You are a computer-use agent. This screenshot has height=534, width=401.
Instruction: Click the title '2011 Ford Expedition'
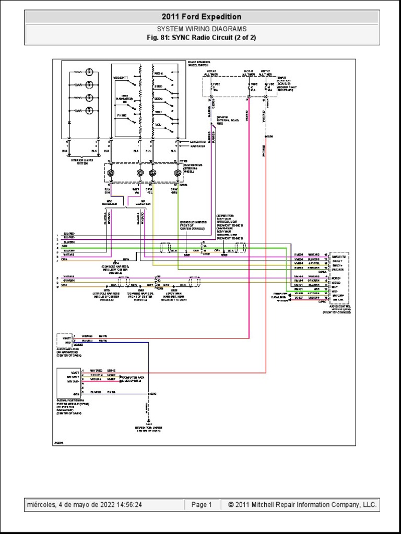coord(201,17)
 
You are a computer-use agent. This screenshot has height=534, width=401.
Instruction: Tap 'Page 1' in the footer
coord(202,505)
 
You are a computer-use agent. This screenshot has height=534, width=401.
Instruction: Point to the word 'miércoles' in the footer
coord(43,505)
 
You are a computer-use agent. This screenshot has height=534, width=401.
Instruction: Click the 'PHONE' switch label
coord(122,115)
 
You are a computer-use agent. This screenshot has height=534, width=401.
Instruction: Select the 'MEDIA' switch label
coord(158,74)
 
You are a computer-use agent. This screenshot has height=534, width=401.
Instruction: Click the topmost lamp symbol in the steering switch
coord(90,71)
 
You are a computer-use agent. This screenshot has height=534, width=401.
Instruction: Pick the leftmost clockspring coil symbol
coord(110,173)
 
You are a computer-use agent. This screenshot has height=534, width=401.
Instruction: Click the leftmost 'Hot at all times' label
coord(213,72)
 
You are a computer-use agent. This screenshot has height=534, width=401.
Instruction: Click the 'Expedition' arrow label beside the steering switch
coord(197,141)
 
